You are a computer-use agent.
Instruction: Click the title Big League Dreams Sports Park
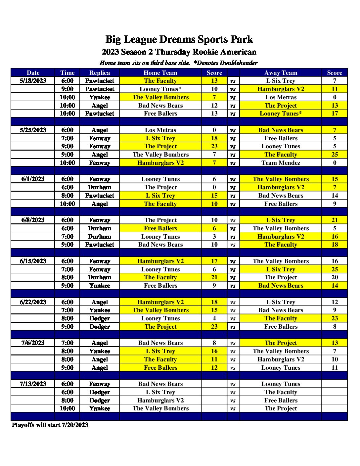click(x=179, y=39)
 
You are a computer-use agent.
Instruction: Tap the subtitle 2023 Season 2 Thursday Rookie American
click(x=179, y=52)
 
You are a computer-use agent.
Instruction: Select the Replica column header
click(x=100, y=73)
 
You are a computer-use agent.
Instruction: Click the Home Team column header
click(x=160, y=73)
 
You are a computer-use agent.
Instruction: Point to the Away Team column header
click(x=281, y=73)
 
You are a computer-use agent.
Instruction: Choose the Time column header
click(x=67, y=73)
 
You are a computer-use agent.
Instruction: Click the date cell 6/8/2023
click(x=33, y=220)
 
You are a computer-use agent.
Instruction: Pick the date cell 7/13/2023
click(x=33, y=384)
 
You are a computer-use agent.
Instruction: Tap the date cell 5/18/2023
click(x=33, y=81)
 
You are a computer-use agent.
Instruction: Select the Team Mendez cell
click(x=281, y=163)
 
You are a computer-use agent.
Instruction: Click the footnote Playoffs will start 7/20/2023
click(x=50, y=425)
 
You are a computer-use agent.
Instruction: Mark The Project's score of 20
click(x=335, y=277)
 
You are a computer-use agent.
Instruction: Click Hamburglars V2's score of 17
click(x=214, y=261)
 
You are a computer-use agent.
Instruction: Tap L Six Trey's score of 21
click(x=335, y=220)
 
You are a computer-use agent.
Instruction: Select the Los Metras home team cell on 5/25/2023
click(x=160, y=130)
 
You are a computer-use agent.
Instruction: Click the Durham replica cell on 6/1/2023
click(x=100, y=187)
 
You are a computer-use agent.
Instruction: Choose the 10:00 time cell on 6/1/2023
click(x=67, y=204)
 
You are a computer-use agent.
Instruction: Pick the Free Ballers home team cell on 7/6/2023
click(x=160, y=368)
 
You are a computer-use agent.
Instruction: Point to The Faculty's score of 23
click(x=335, y=318)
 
